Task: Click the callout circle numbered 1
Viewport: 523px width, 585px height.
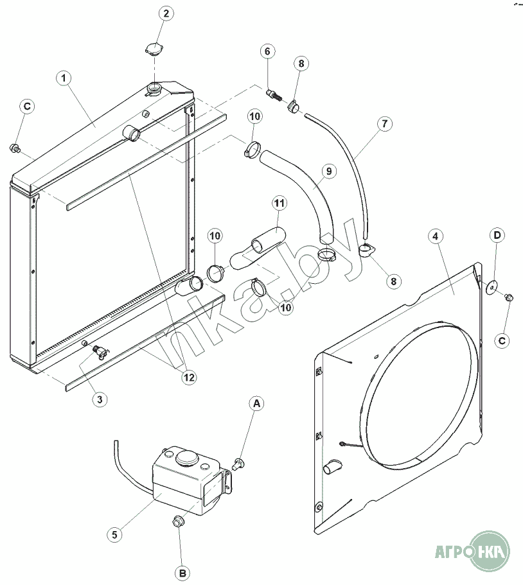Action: click(64, 78)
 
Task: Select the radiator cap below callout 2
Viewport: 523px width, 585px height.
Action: click(153, 49)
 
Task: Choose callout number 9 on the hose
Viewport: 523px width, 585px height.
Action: click(328, 171)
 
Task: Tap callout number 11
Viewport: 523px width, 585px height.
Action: click(279, 204)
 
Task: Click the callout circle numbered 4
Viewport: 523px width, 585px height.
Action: click(436, 236)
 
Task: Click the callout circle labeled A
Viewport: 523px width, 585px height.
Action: click(256, 403)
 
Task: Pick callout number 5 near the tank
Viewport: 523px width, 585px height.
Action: click(114, 533)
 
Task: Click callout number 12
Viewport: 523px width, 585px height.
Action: click(188, 378)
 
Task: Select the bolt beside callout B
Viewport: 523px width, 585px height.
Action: click(179, 522)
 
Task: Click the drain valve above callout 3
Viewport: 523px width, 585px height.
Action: click(100, 351)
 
